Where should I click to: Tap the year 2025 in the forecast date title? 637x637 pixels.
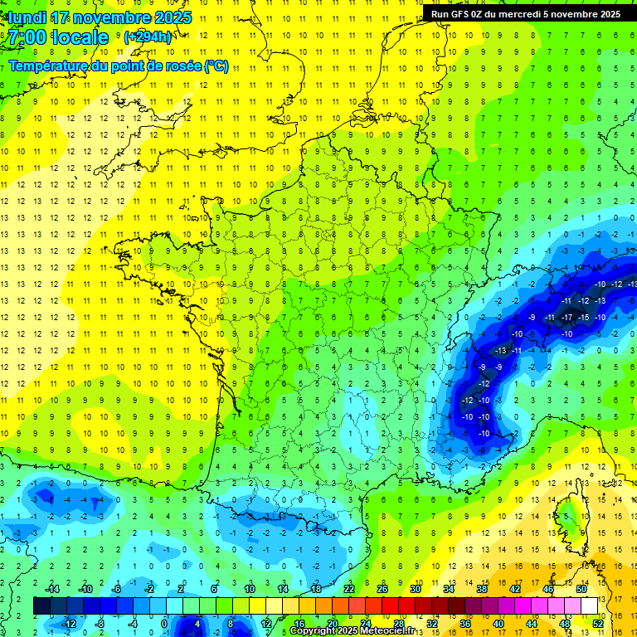(x=170, y=17)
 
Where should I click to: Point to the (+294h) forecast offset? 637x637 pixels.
(x=148, y=37)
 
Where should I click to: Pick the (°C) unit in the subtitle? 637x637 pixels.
(x=216, y=66)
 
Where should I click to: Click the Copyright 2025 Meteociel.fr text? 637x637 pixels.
(x=352, y=630)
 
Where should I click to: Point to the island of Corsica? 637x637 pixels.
(x=571, y=518)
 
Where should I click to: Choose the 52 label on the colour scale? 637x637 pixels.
(x=598, y=624)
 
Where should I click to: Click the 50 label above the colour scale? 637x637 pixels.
(x=581, y=589)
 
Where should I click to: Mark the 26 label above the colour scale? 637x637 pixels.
(x=382, y=589)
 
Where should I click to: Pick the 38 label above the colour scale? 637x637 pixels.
(x=482, y=589)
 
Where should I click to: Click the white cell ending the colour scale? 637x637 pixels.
(x=589, y=606)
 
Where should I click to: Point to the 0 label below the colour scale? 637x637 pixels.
(x=164, y=624)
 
